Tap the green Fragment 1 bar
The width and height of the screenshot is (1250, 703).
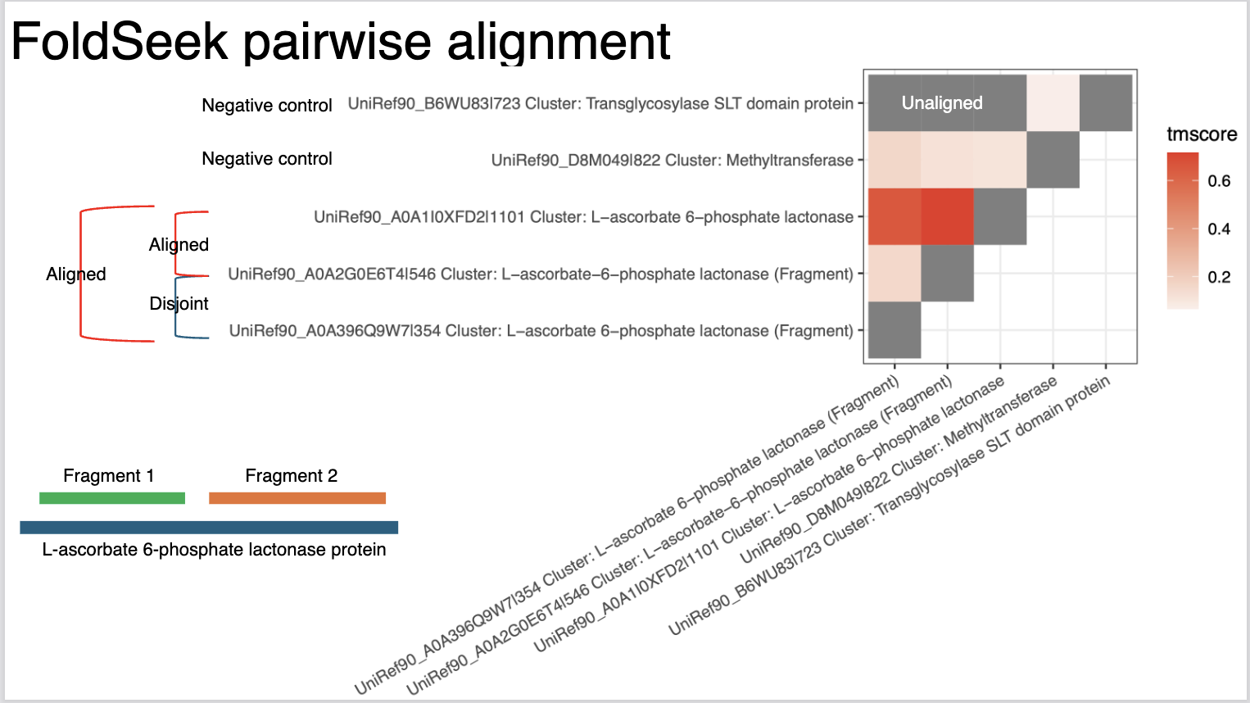point(112,498)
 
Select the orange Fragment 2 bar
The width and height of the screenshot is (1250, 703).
point(297,498)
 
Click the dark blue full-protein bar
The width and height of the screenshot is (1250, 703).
point(209,528)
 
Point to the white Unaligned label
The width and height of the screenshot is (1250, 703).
point(942,102)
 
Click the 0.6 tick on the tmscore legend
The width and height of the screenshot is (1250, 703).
point(1219,181)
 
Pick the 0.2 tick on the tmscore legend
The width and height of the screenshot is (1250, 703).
point(1219,277)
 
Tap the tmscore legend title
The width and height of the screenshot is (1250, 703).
point(1202,134)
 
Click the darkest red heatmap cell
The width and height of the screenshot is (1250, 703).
point(947,216)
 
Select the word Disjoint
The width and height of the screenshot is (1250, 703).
point(179,303)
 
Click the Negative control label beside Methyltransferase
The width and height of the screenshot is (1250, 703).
point(267,159)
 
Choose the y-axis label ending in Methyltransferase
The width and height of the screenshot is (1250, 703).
point(673,161)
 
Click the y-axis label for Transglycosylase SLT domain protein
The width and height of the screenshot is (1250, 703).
point(600,103)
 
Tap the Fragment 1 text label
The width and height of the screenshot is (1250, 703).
point(108,475)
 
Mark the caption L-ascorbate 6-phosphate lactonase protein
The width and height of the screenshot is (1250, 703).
point(214,550)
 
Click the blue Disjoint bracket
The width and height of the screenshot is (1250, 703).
point(175,307)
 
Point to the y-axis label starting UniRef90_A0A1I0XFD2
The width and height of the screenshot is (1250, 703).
point(584,216)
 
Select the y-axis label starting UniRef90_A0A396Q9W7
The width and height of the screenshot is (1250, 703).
point(541,330)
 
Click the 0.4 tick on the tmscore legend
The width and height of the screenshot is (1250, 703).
point(1219,229)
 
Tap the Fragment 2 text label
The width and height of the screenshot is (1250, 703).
point(292,475)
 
